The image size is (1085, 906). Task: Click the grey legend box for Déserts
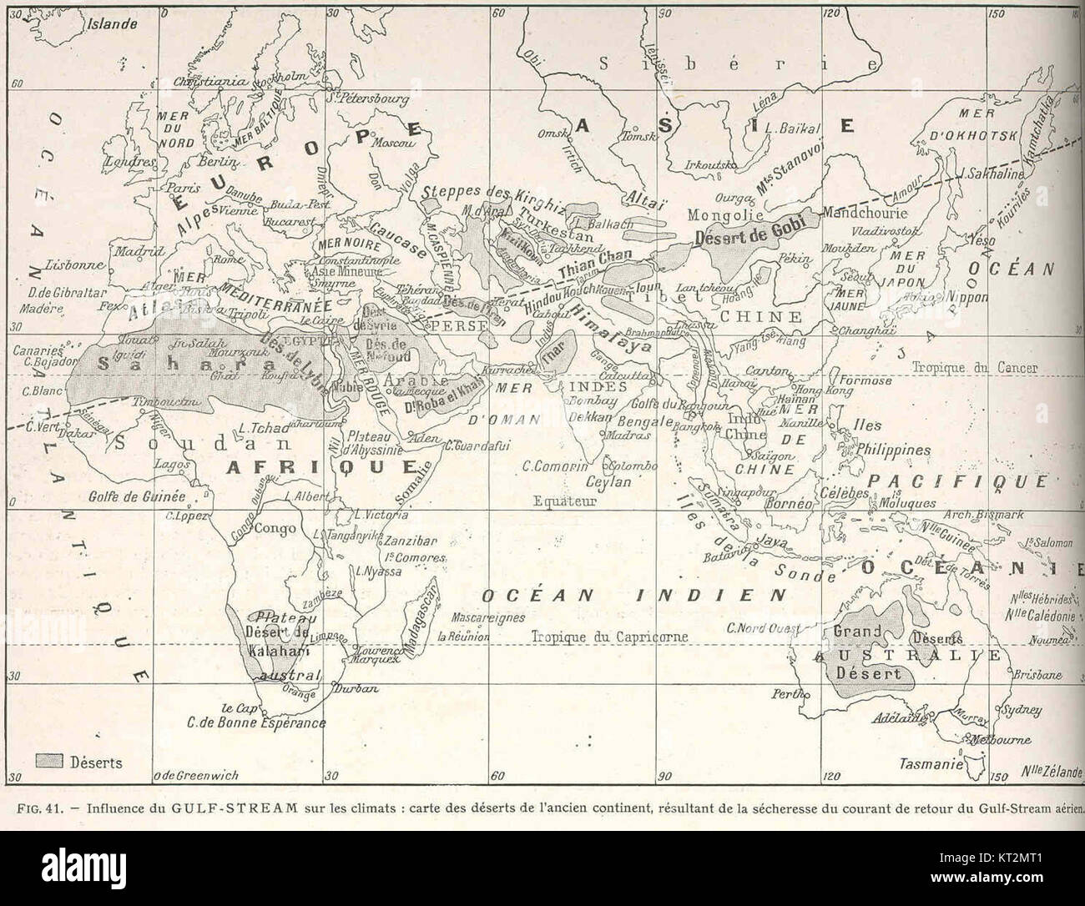49,761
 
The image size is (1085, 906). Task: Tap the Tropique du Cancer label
974,367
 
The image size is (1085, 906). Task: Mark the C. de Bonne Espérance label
256,722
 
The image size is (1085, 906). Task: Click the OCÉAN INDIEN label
634,595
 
